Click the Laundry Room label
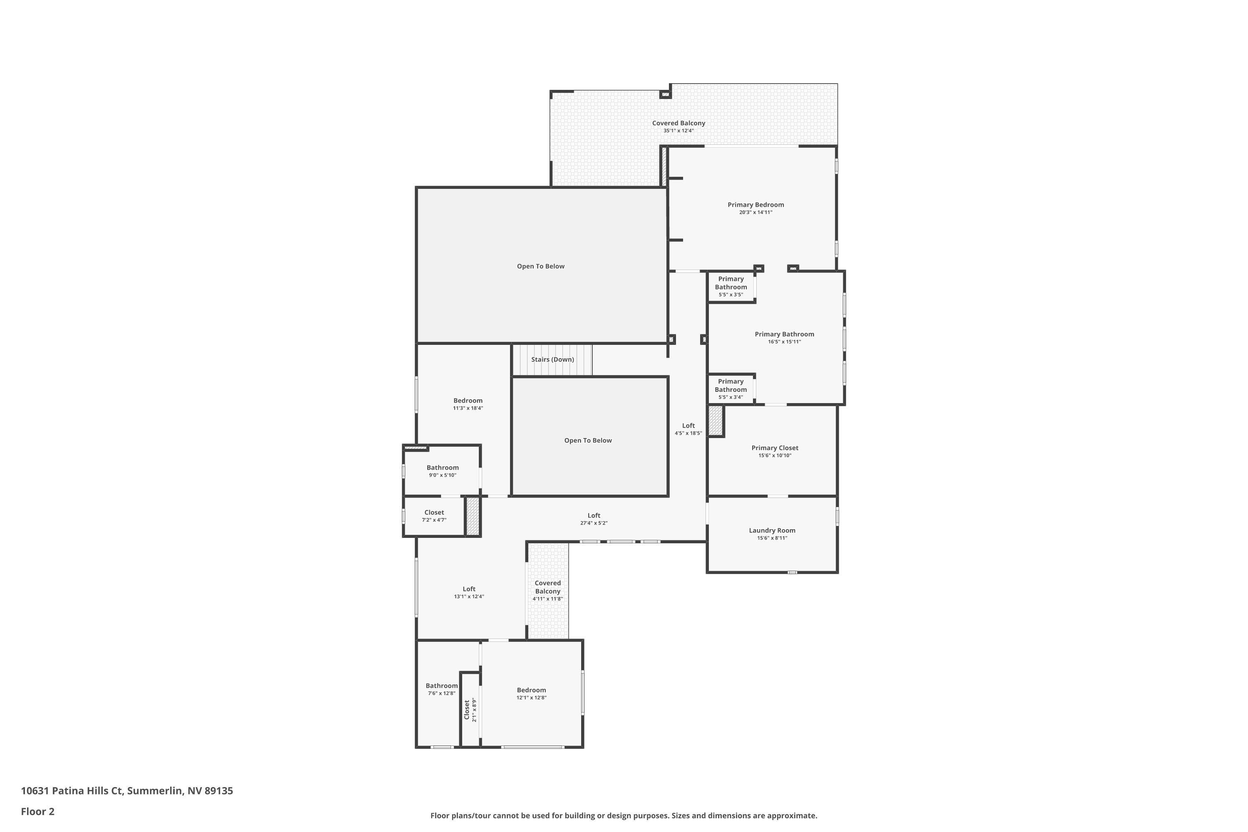click(x=772, y=530)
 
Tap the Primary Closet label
click(x=775, y=448)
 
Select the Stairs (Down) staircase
click(x=552, y=360)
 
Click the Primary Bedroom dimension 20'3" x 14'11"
click(x=755, y=212)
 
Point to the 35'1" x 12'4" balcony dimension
click(x=678, y=131)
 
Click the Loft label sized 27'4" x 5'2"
click(x=594, y=515)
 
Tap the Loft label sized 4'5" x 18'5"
click(x=688, y=426)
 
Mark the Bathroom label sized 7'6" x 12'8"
click(x=441, y=686)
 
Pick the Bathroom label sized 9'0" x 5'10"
click(x=443, y=468)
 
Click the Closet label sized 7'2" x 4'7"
click(x=434, y=513)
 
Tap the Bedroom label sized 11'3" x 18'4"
click(x=468, y=401)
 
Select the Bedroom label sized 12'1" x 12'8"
click(x=531, y=690)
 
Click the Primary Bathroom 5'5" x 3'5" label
click(x=730, y=283)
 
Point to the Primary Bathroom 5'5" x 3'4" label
click(x=730, y=385)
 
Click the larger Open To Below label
click(x=541, y=266)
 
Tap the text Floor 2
click(x=38, y=811)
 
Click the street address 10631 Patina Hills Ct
click(x=72, y=791)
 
